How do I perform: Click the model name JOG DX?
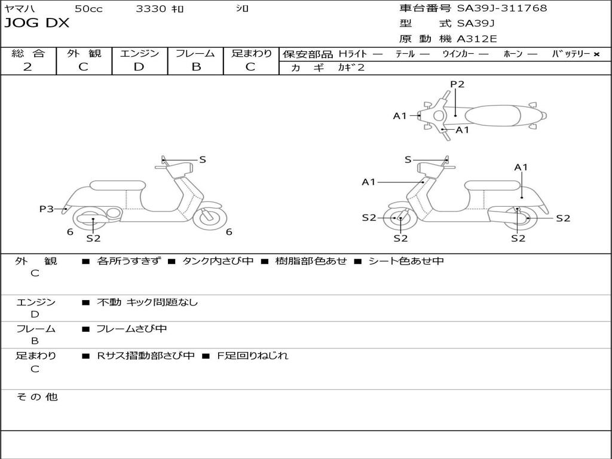point(37,23)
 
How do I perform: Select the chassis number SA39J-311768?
point(502,8)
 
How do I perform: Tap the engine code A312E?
point(477,39)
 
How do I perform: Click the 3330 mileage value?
point(151,8)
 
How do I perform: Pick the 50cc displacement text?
point(88,8)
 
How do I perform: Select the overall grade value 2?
point(27,67)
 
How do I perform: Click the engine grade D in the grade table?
point(139,67)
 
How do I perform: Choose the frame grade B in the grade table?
point(195,67)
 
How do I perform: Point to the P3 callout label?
point(47,209)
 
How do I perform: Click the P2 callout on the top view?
point(457,84)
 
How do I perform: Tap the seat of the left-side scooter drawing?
point(117,185)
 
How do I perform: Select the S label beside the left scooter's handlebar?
point(203,160)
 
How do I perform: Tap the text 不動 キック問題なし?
point(147,302)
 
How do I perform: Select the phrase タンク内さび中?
point(218,261)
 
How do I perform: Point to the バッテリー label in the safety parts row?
point(571,54)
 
